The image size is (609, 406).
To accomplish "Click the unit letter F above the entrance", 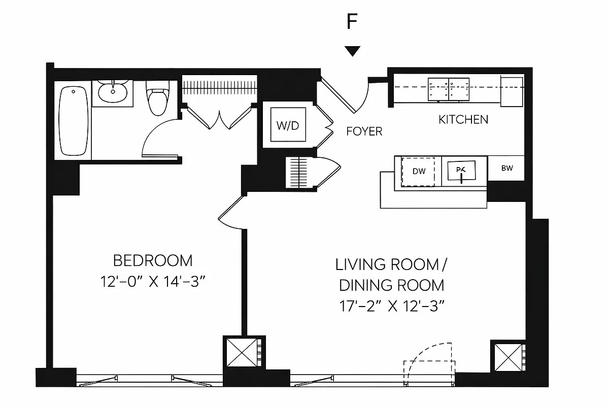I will pos(352,22).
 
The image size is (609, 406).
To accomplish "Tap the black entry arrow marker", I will pos(352,51).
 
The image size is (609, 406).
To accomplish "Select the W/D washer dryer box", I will pos(288,125).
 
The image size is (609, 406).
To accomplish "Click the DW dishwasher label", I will pos(419,172).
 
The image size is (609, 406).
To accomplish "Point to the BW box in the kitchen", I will pos(506,168).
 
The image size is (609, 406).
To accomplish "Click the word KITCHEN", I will pos(463,120).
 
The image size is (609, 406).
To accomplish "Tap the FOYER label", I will pos(364,131).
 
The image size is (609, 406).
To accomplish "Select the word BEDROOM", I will pos(153,261).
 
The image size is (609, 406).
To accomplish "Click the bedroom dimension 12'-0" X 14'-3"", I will pos(153,281).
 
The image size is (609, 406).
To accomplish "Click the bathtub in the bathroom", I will pos(73,121).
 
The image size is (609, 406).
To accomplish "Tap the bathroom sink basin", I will pos(113,92).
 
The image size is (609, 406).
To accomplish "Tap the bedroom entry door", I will pos(231,212).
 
